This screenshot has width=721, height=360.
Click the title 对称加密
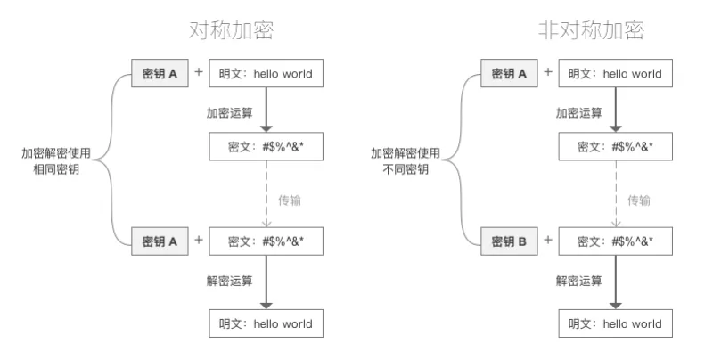pos(232,30)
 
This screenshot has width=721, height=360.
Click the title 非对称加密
pos(592,30)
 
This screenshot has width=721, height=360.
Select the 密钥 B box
pos(509,241)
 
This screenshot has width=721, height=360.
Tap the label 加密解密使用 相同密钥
pos(56,161)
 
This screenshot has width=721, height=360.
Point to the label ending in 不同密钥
pos(406,161)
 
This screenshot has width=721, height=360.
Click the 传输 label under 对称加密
pos(290,200)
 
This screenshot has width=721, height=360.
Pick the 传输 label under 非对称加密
pos(639,200)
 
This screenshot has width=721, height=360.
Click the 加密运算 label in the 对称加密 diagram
pos(229,112)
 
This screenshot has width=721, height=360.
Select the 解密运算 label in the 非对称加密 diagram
pos(579,281)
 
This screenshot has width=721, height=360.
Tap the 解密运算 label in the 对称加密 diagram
pos(229,281)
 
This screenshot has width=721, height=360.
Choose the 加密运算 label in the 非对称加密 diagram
pos(579,112)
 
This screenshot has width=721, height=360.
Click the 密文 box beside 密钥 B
pos(616,241)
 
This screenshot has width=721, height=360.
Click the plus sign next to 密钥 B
pos(548,240)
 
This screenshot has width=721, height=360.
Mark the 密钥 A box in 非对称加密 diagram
pos(509,73)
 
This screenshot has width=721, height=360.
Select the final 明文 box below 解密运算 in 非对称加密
pos(616,323)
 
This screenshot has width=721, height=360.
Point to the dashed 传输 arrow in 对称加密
pos(266,193)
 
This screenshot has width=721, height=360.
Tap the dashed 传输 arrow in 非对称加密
pos(616,193)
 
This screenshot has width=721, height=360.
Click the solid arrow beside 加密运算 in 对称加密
pos(266,110)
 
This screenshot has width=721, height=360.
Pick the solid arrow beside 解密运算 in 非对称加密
pos(616,282)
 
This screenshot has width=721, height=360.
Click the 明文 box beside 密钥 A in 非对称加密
pos(616,73)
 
